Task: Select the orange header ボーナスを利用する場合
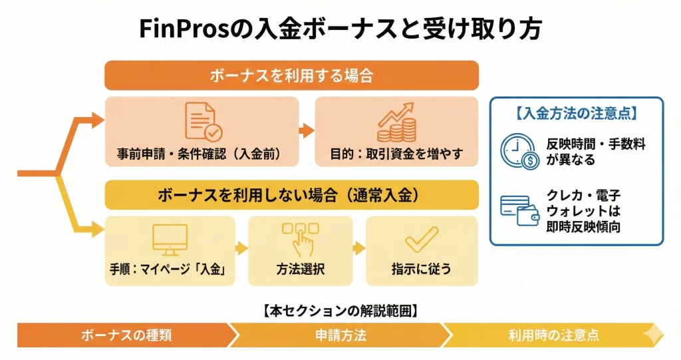point(291,75)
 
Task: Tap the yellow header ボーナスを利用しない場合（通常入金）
point(291,195)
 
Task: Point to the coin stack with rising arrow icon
point(396,121)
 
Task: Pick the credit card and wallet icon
point(521,210)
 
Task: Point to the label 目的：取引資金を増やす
point(396,154)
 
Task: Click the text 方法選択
point(300,270)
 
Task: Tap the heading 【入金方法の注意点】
point(576,114)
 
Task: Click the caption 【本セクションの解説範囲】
point(340,310)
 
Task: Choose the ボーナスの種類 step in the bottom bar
point(126,335)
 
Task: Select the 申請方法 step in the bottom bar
point(340,335)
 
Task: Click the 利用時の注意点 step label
point(553,335)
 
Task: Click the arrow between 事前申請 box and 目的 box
point(307,131)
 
